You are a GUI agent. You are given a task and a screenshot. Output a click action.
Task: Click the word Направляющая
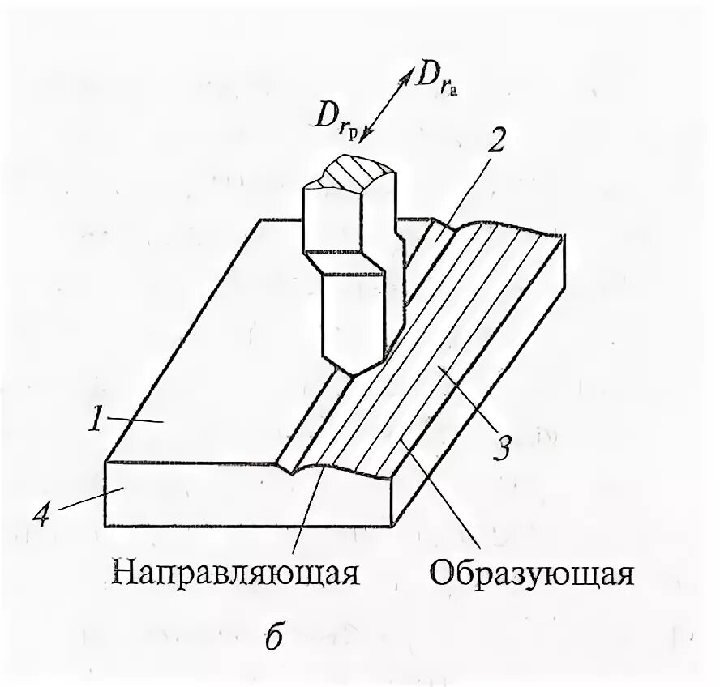[236, 573]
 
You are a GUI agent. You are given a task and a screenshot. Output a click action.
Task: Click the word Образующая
[531, 573]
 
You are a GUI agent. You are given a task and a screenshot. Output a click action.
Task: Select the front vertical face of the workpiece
[243, 495]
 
